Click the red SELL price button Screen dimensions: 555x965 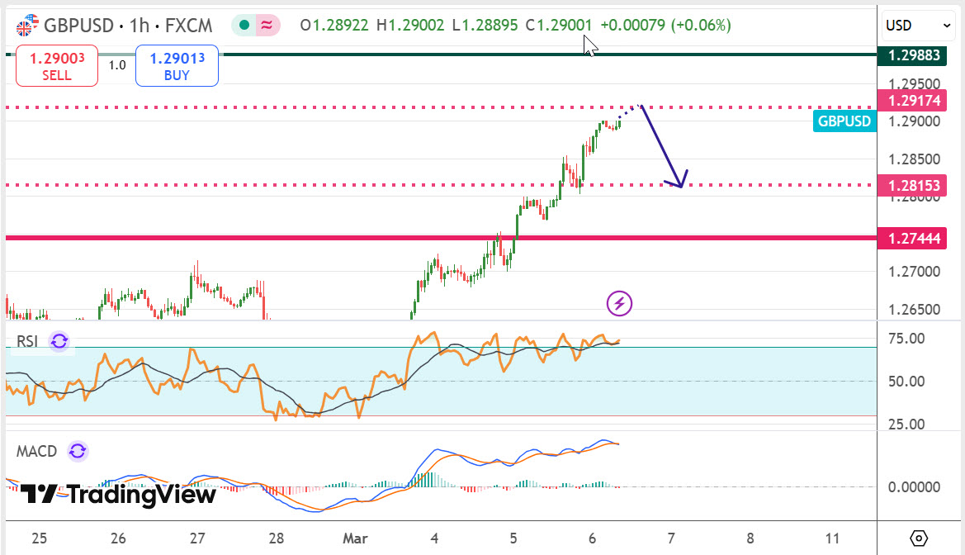[x=57, y=66]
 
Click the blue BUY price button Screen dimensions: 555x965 [x=177, y=66]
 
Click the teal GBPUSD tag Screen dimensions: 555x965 [x=844, y=121]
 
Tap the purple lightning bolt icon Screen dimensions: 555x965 [x=619, y=304]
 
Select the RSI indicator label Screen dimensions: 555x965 [x=27, y=341]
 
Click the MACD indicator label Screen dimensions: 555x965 [x=37, y=451]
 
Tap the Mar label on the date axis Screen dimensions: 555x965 [x=355, y=538]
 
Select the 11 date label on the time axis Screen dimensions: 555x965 [x=833, y=538]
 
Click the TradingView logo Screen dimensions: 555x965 [x=118, y=495]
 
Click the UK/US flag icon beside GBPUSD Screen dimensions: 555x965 [x=26, y=26]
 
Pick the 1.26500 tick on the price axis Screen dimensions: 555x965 [x=913, y=310]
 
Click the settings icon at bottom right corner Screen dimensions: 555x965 [x=920, y=538]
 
